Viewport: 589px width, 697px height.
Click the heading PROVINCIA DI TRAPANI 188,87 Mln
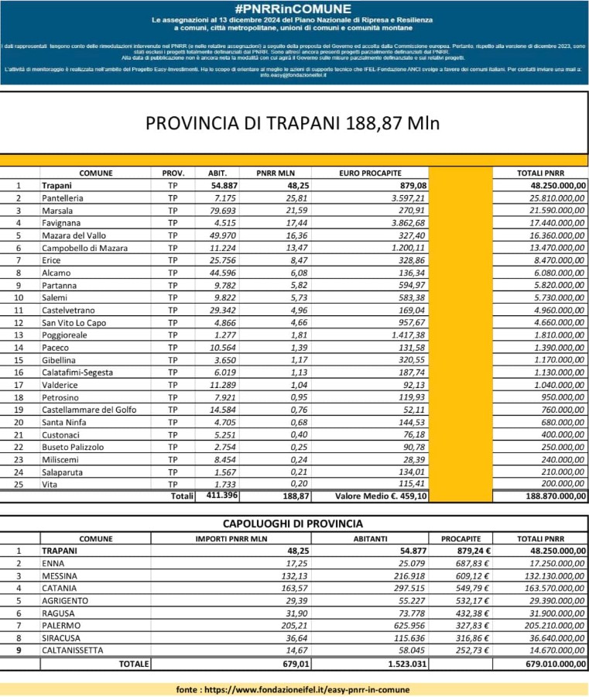[294, 124]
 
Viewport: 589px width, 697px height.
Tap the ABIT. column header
[217, 173]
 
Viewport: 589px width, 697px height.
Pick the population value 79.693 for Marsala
[224, 211]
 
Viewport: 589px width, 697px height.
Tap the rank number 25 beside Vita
[20, 484]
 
